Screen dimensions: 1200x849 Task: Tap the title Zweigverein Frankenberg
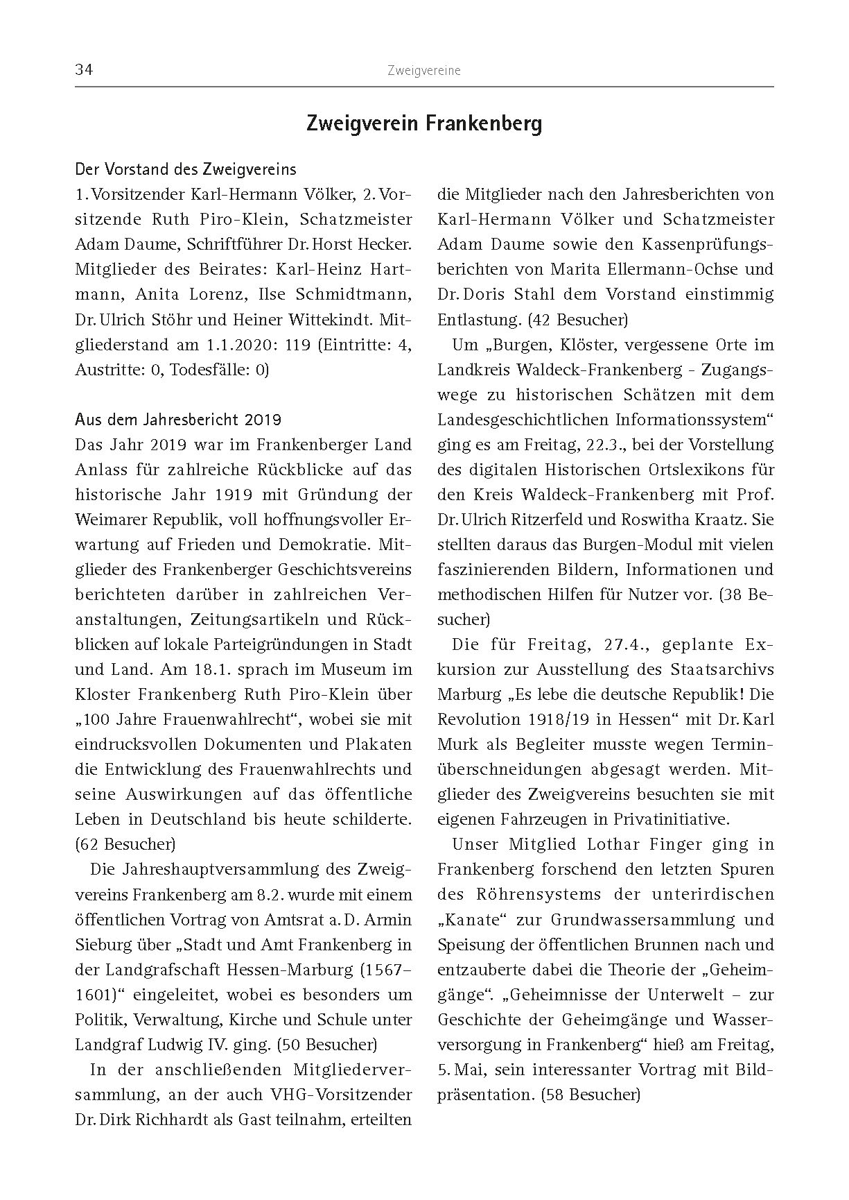pyautogui.click(x=424, y=124)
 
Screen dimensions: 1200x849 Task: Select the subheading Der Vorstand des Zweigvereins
pyautogui.click(x=186, y=169)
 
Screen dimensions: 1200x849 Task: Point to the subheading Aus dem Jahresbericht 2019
pyautogui.click(x=178, y=420)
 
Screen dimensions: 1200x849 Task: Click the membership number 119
pyautogui.click(x=298, y=345)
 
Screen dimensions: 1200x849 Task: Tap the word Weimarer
pyautogui.click(x=107, y=520)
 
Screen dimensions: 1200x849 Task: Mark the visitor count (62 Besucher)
pyautogui.click(x=125, y=844)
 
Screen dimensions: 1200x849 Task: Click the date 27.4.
pyautogui.click(x=626, y=644)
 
